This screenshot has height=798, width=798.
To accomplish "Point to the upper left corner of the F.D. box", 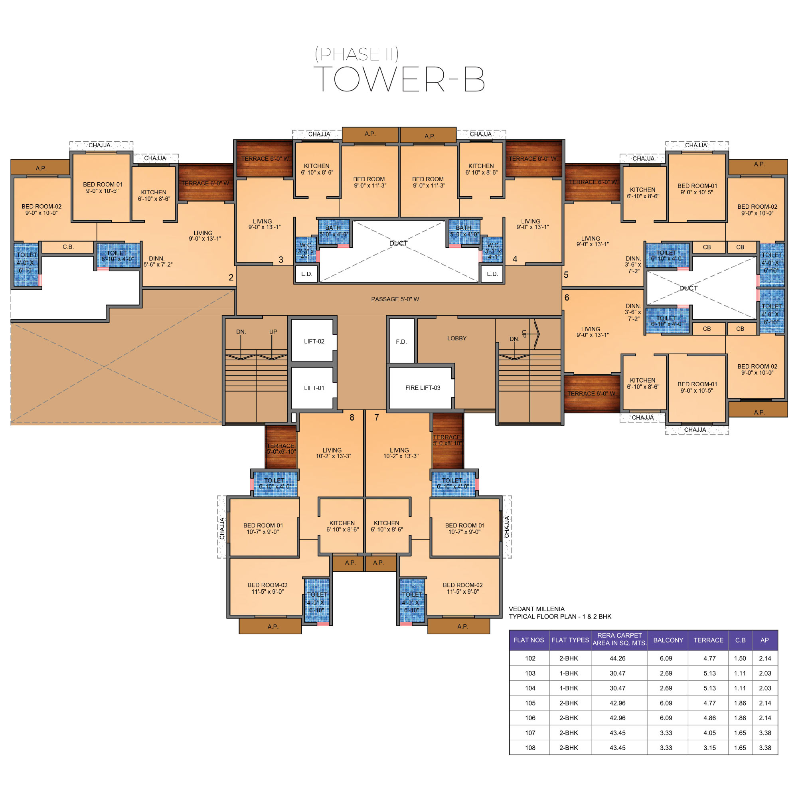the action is tap(389, 319).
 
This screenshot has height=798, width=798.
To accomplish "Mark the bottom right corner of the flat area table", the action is tap(778, 755).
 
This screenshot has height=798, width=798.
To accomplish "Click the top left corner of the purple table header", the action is tap(509, 630).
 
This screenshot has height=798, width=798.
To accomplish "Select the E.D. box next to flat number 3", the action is tap(306, 274).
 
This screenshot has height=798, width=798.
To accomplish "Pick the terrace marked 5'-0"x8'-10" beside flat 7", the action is tap(448, 441).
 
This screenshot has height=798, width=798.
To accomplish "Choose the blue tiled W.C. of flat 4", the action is tap(493, 250).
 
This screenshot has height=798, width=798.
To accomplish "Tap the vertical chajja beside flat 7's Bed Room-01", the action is tap(507, 527).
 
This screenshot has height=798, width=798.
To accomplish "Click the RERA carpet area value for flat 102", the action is tap(618, 658).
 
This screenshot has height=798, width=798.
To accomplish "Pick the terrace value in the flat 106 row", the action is tap(709, 718).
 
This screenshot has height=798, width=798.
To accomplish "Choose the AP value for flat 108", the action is tap(765, 748).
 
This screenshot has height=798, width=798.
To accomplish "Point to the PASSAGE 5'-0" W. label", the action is tap(396, 299).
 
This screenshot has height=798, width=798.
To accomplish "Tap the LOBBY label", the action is tap(457, 338).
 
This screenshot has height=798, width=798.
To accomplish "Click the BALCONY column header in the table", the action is tap(668, 640).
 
